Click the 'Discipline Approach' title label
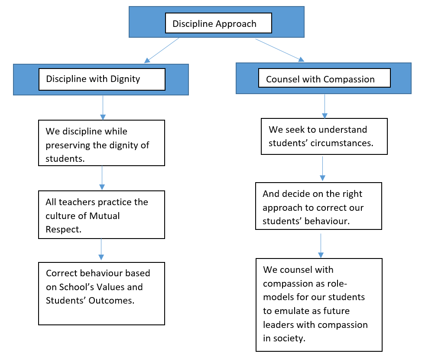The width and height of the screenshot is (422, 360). tap(214, 24)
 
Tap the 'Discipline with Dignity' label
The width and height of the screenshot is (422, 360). tap(93, 79)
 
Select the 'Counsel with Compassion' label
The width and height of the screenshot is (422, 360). tap(320, 79)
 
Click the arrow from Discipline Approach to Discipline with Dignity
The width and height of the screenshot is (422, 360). tap(162, 50)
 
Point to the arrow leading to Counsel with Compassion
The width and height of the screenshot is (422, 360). tap(280, 50)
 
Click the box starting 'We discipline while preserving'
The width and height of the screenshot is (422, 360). tap(101, 143)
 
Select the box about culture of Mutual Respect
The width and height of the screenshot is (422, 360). tap(101, 215)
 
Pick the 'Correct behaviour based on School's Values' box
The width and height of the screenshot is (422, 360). tap(101, 294)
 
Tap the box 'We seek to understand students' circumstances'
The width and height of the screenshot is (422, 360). tap(324, 136)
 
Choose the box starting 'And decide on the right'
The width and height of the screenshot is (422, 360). tap(318, 206)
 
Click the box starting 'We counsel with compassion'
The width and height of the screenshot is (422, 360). tap(319, 305)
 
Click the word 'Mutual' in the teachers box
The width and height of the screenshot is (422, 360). tap(104, 216)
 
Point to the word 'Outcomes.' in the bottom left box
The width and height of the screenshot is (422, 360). tap(111, 301)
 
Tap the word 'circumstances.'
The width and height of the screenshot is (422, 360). tap(342, 143)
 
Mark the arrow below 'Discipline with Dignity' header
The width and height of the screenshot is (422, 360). tap(103, 108)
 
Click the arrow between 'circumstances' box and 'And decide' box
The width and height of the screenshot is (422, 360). tap(322, 169)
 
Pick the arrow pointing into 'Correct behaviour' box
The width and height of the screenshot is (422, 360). tap(101, 249)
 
